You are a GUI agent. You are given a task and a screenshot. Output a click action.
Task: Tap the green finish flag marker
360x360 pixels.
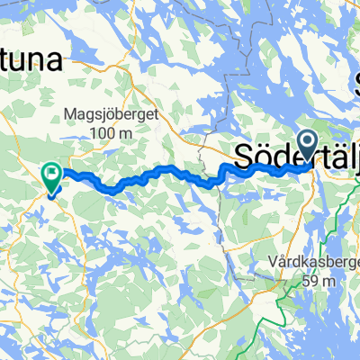point(52,174)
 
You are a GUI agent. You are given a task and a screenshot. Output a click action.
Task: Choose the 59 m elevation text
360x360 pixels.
point(319,281)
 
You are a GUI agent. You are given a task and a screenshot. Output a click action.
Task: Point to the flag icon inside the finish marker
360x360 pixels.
point(52,168)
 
